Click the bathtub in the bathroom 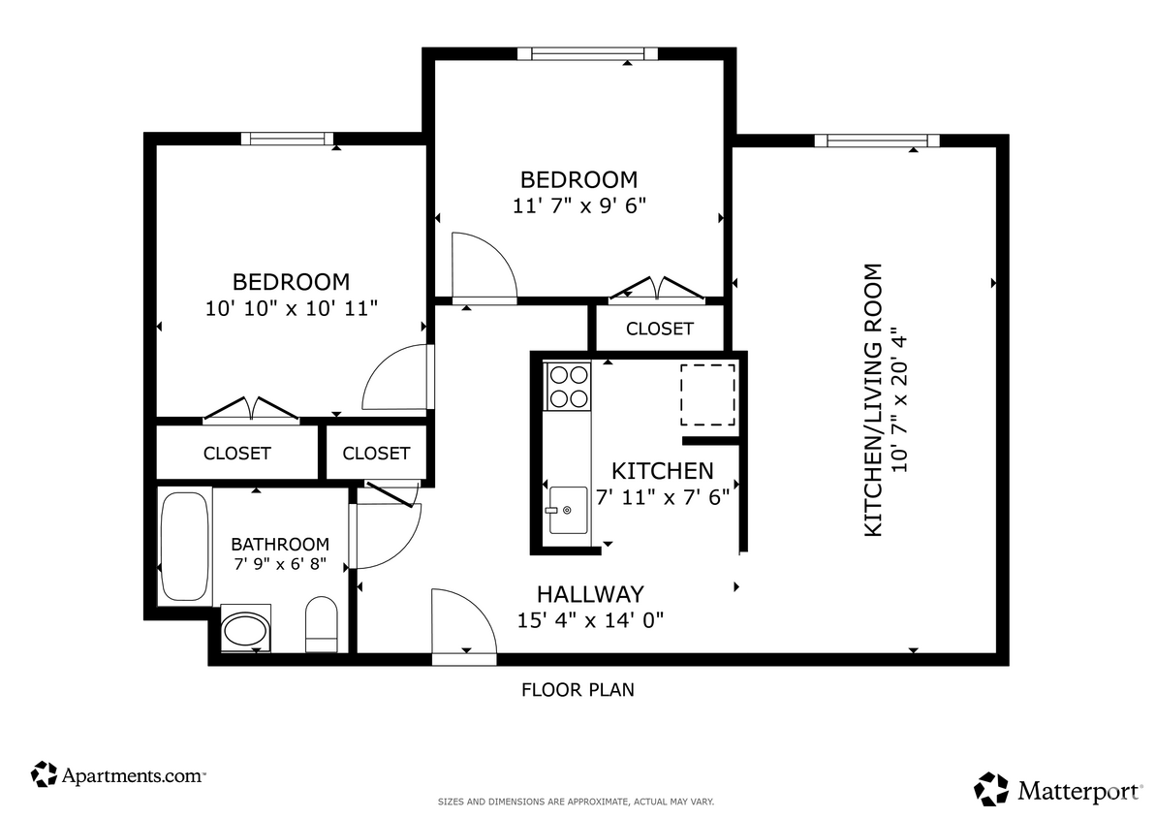tap(184, 547)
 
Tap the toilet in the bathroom tap(321, 625)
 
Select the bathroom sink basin tap(246, 631)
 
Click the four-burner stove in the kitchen tap(568, 385)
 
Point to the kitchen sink tap(568, 510)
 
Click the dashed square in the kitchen tap(707, 395)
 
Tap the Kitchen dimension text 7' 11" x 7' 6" tap(664, 497)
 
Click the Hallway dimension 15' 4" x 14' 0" tap(590, 620)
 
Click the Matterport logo tap(1058, 789)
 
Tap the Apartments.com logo tap(118, 774)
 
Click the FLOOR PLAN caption tap(578, 690)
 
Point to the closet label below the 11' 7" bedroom tap(659, 329)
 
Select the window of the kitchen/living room tap(876, 141)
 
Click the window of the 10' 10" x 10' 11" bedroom tap(287, 139)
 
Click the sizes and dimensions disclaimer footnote tap(577, 802)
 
